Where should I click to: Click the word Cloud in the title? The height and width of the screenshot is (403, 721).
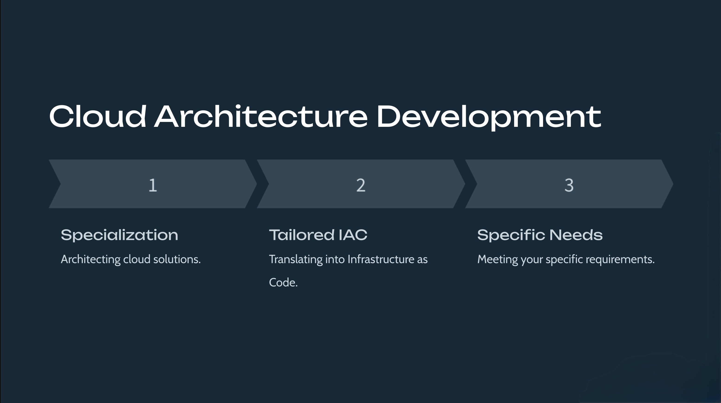(98, 116)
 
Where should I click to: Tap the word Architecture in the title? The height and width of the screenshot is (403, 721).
(261, 116)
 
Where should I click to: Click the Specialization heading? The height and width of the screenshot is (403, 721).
(119, 235)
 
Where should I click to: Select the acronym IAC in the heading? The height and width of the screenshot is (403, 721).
(353, 235)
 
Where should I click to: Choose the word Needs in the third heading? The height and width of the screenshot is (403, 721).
(576, 235)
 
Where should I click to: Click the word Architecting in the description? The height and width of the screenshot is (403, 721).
(91, 259)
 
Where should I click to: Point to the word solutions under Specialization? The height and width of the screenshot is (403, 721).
(177, 259)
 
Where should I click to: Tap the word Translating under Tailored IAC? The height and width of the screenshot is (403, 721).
(296, 259)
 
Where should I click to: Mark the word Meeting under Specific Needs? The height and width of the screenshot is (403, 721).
(498, 259)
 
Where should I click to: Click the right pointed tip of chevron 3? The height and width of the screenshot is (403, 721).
(673, 184)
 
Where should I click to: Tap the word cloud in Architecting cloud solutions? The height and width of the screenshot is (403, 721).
(137, 259)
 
